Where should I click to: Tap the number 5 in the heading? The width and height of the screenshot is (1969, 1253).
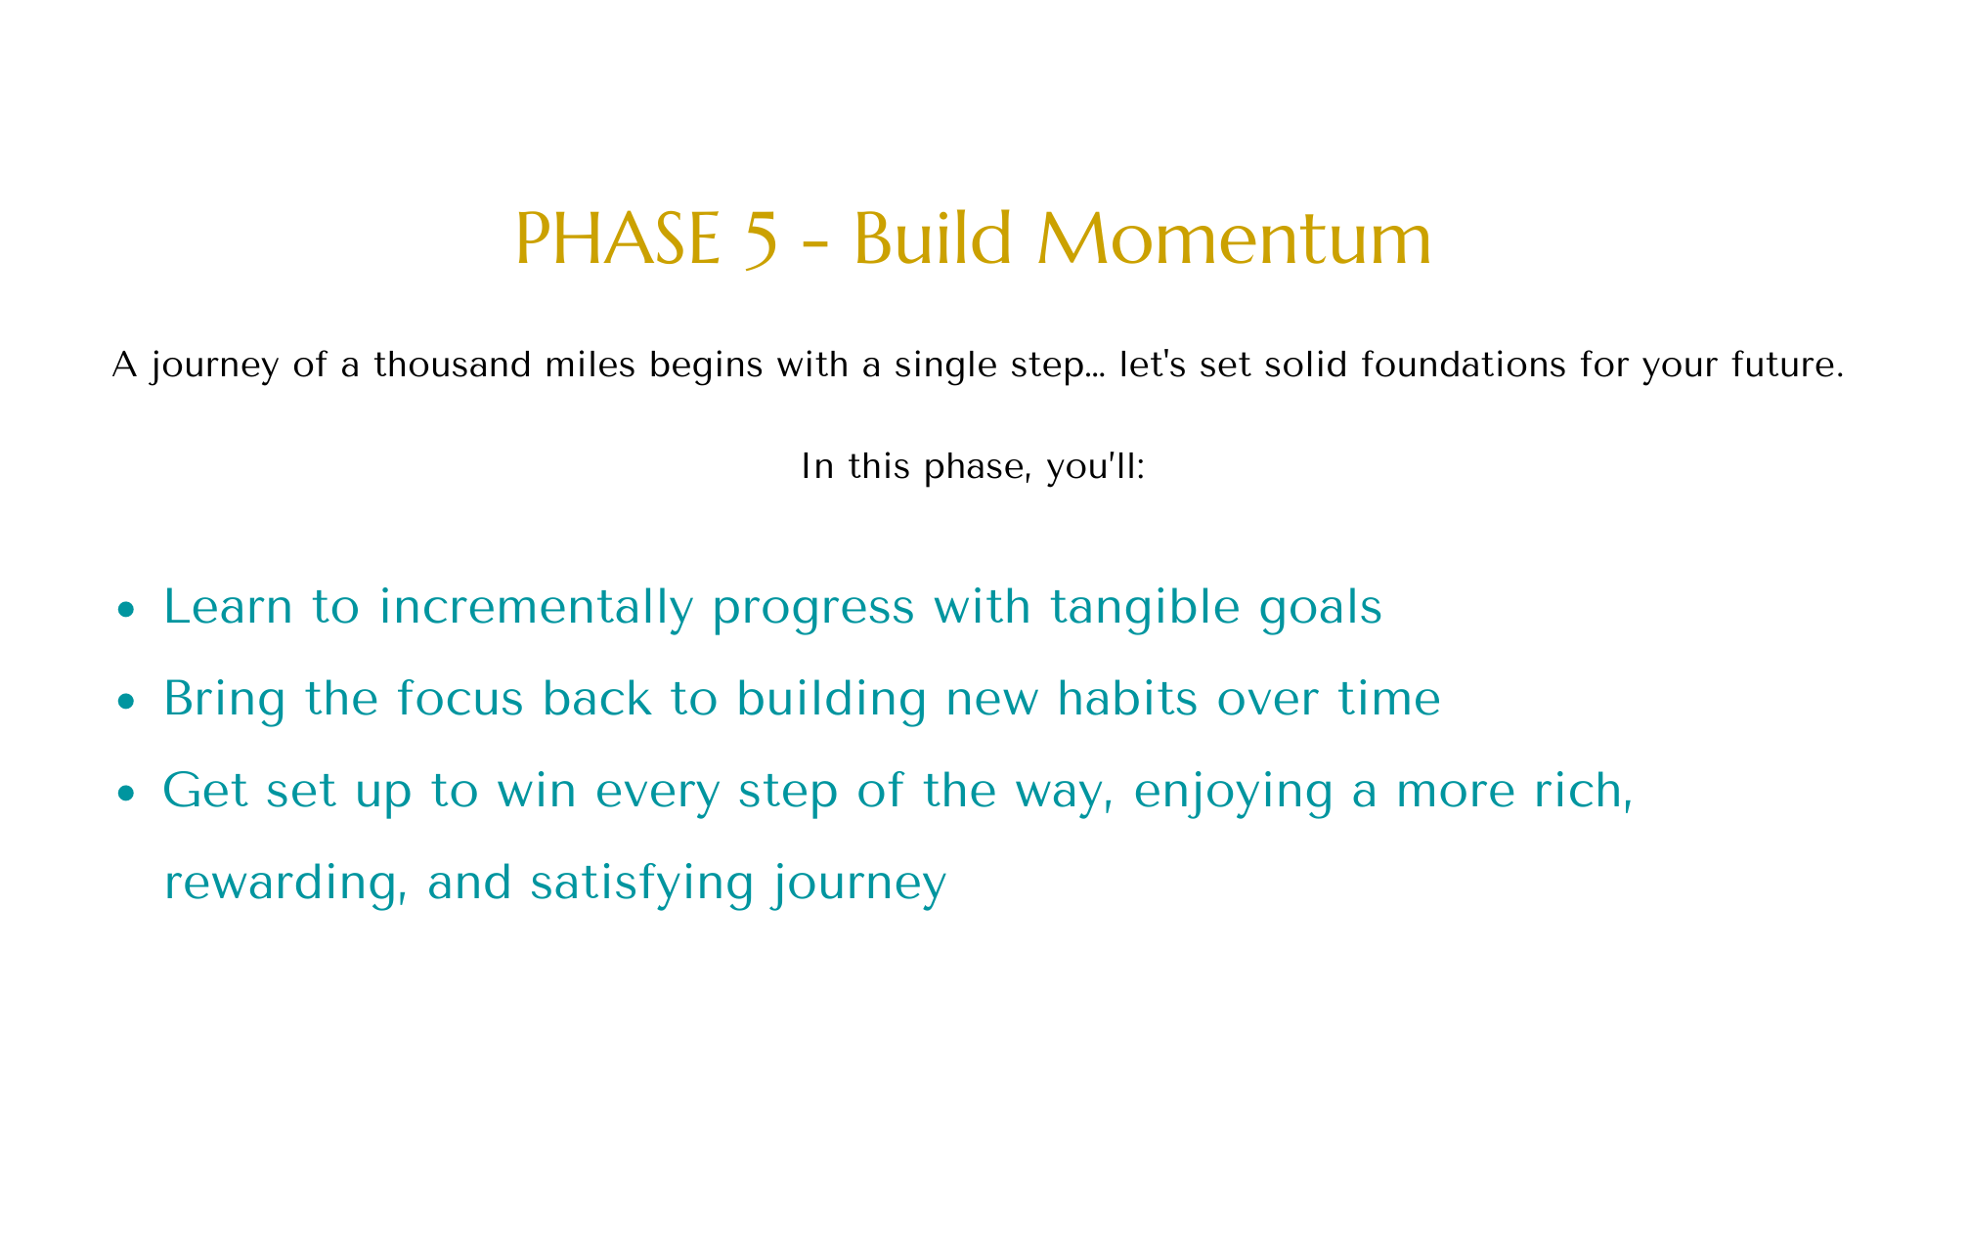(761, 242)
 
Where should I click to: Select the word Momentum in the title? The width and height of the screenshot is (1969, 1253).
(1234, 240)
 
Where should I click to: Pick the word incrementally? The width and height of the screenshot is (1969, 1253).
(536, 608)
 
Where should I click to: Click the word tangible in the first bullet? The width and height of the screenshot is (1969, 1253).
(1167, 608)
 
